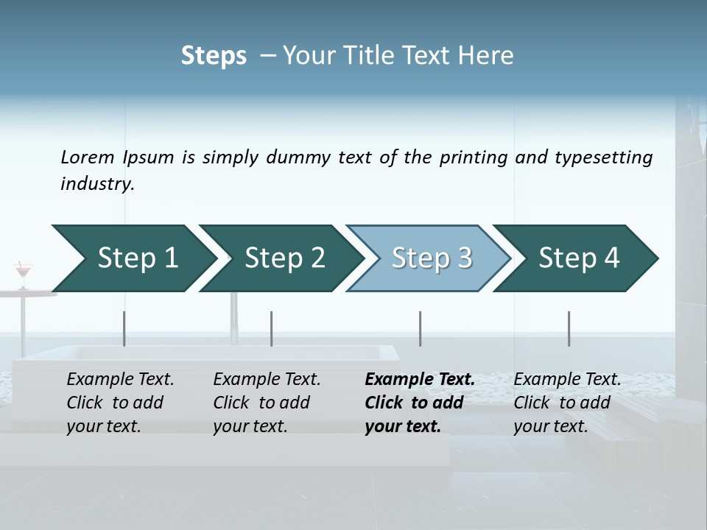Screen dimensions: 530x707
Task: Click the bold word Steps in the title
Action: (214, 56)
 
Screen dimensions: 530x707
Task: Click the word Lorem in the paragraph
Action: (88, 158)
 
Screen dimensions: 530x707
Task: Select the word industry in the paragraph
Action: (97, 184)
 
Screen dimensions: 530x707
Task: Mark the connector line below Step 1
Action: (124, 328)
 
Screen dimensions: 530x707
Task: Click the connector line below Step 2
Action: (272, 328)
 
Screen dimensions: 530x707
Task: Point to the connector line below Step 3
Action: (421, 328)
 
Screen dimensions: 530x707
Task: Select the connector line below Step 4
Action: (569, 328)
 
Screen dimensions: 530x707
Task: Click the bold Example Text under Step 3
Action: (420, 380)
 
